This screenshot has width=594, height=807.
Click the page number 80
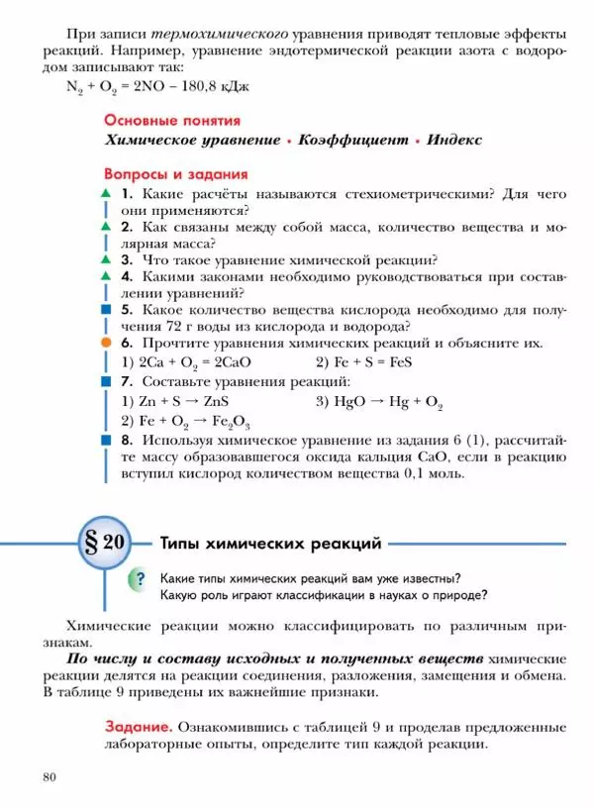point(49,776)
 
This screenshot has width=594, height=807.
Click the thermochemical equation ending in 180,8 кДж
point(157,87)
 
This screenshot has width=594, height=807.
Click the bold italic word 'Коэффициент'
point(352,141)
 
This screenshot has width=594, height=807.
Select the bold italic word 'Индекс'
point(454,141)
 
